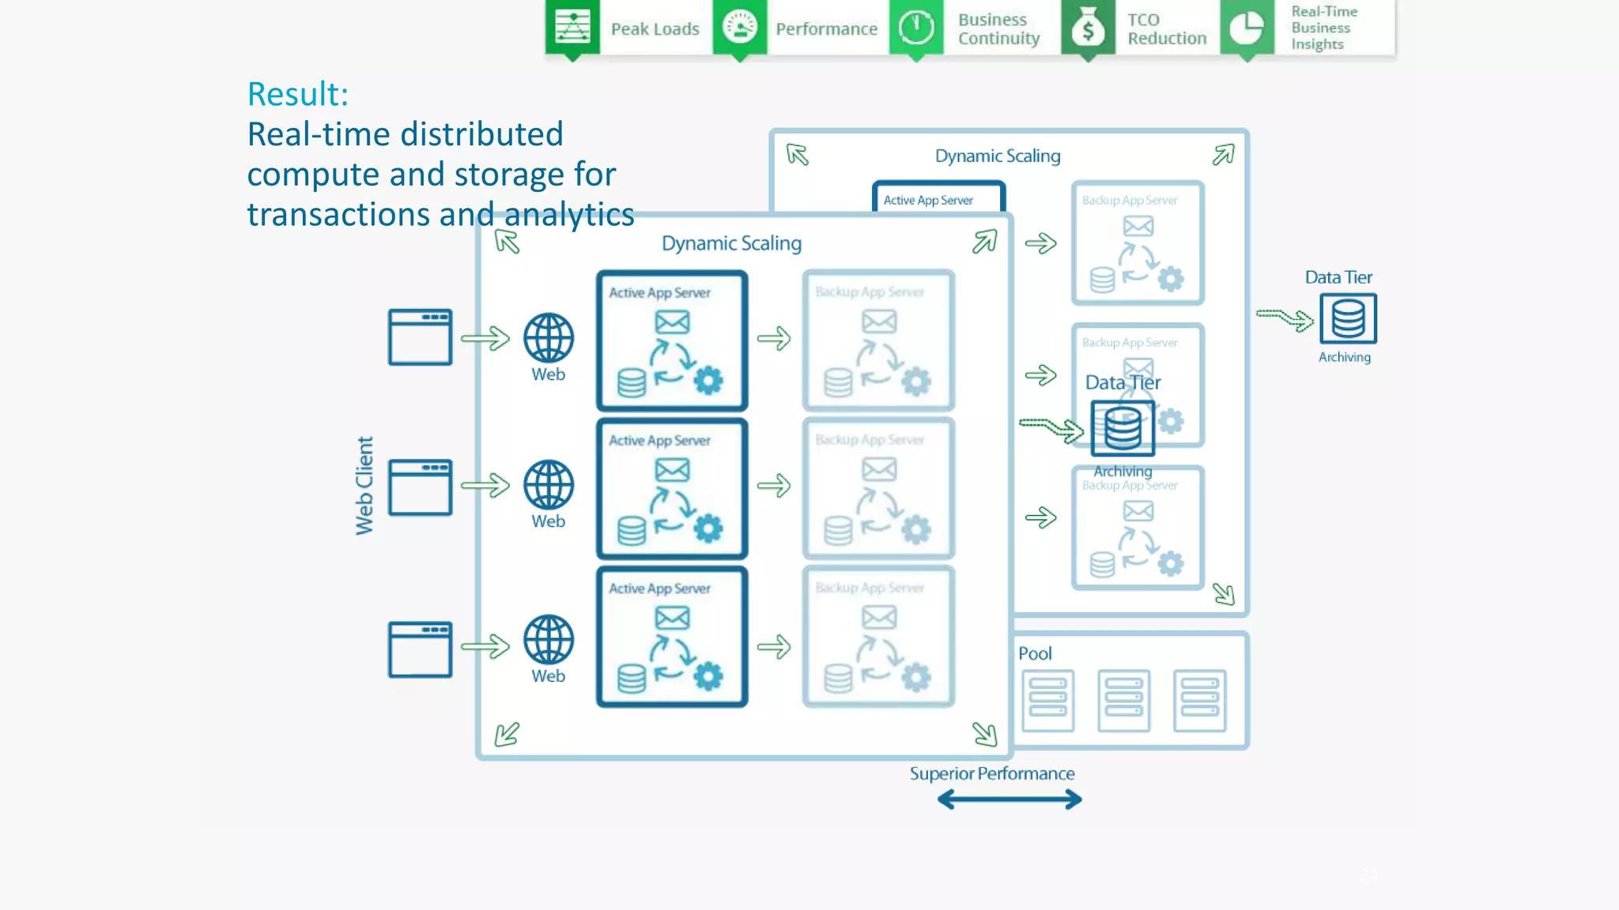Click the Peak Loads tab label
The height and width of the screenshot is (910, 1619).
(x=655, y=29)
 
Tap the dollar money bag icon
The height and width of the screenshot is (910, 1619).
(x=1088, y=28)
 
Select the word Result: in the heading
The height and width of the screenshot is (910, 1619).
(x=298, y=94)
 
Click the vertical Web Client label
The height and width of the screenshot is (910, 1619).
(x=364, y=485)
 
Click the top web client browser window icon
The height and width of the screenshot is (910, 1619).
(x=420, y=337)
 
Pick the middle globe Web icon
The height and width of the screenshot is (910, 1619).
(x=548, y=484)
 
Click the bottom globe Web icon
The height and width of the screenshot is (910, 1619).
(x=548, y=639)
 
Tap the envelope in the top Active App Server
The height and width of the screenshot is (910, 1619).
(x=672, y=322)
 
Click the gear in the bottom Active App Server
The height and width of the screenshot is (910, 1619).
(x=708, y=676)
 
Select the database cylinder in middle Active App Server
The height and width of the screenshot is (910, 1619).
(x=632, y=531)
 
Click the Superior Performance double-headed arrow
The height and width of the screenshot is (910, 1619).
(x=1010, y=800)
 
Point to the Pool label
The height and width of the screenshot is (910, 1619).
(x=1035, y=653)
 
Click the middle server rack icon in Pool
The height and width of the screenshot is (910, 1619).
(x=1123, y=700)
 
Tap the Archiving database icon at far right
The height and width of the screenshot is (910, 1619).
(x=1348, y=318)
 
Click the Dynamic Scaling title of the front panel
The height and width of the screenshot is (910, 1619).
(x=731, y=243)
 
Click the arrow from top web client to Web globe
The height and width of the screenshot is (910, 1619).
(x=485, y=339)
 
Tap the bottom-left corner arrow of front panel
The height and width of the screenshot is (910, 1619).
(x=507, y=735)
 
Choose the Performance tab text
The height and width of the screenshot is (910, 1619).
(x=826, y=29)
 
